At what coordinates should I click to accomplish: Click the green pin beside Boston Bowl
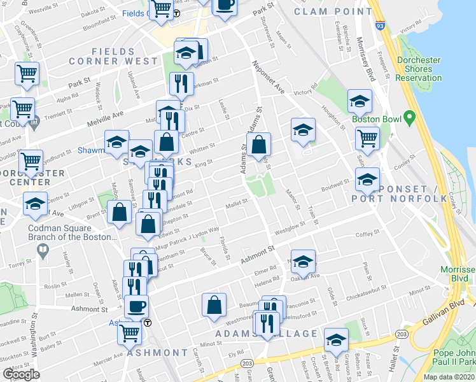pyautogui.click(x=409, y=118)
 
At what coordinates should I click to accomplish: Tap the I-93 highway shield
pyautogui.click(x=380, y=26)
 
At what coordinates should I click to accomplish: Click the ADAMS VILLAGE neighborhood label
pyautogui.click(x=266, y=334)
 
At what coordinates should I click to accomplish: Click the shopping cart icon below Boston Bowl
pyautogui.click(x=367, y=138)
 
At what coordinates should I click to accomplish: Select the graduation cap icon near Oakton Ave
pyautogui.click(x=304, y=261)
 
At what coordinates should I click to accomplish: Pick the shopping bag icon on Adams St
pyautogui.click(x=260, y=146)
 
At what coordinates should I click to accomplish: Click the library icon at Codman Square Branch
pyautogui.click(x=43, y=250)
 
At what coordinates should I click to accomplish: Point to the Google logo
pyautogui.click(x=21, y=374)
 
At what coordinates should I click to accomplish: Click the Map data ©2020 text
pyautogui.click(x=448, y=377)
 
